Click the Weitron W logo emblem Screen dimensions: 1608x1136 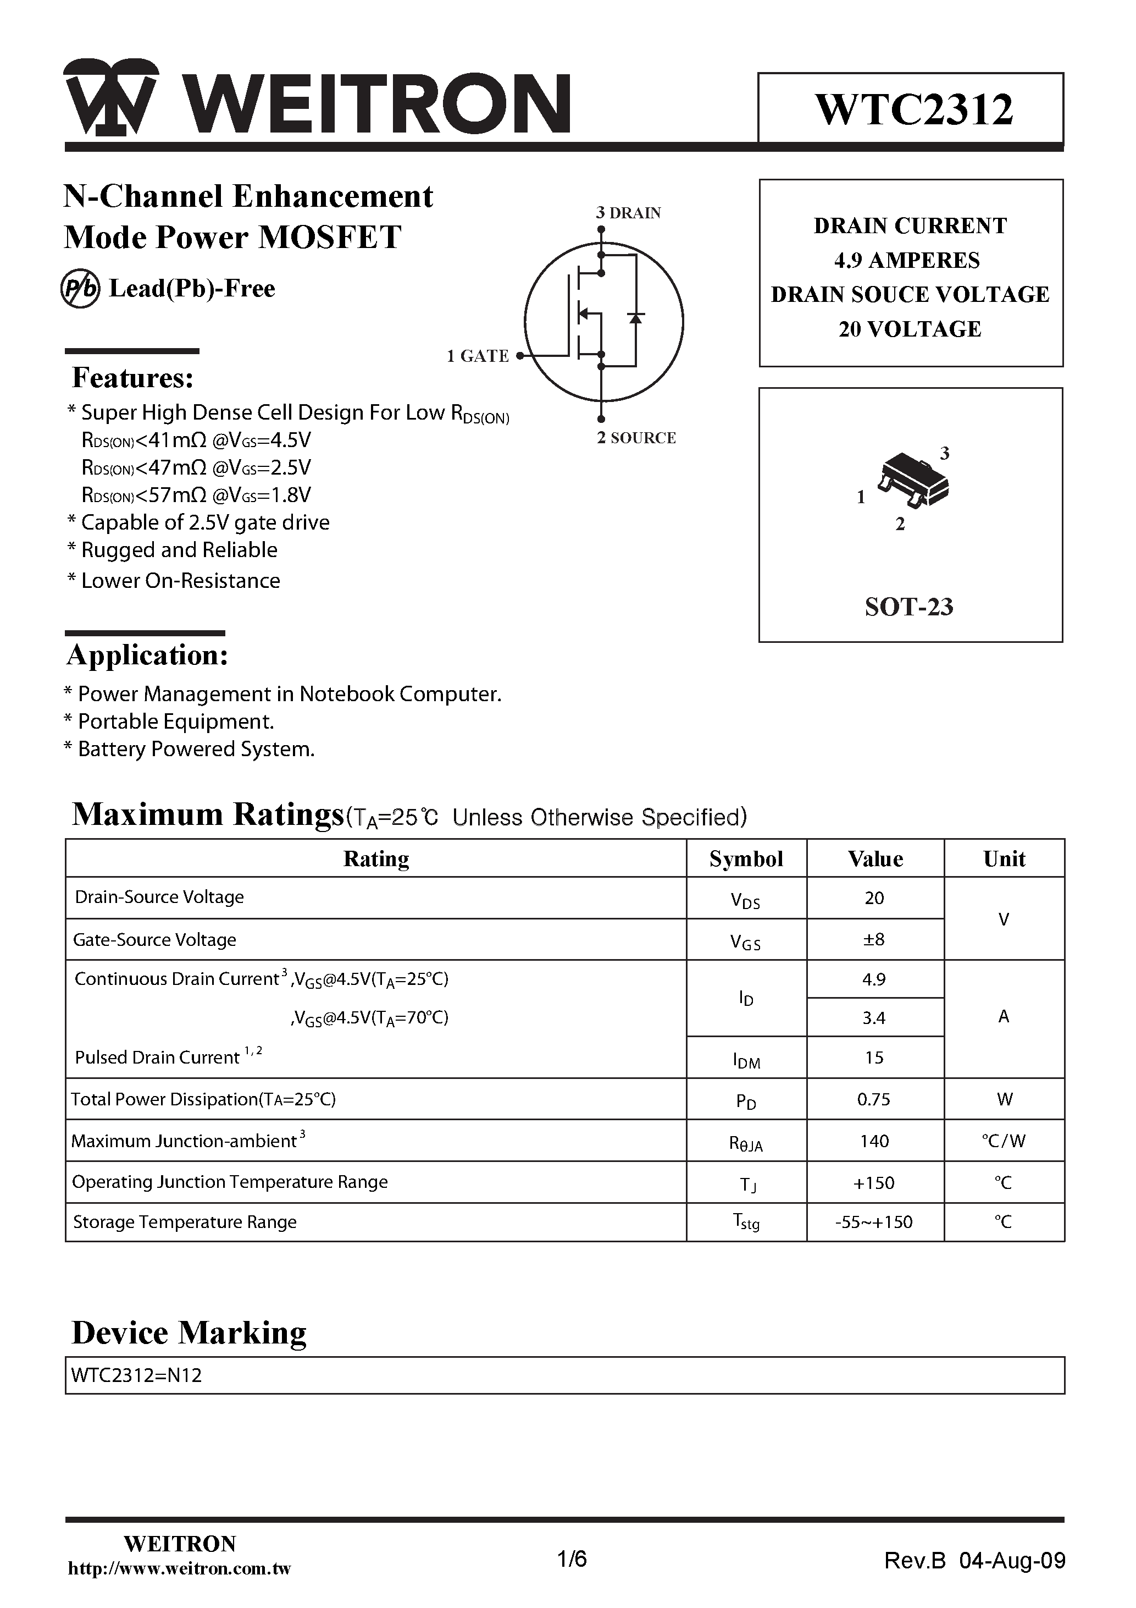point(110,98)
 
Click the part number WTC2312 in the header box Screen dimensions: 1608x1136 point(913,110)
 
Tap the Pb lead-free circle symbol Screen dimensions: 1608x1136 point(80,289)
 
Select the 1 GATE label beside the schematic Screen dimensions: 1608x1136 point(478,356)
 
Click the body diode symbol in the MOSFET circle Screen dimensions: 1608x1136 point(635,318)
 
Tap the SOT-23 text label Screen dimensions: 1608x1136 point(908,607)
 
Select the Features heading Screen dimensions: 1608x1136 point(133,378)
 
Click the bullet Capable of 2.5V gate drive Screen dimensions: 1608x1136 point(199,522)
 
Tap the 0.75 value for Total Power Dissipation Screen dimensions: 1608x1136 point(873,1099)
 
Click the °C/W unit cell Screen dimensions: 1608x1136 point(1003,1141)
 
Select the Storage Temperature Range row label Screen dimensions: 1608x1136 point(185,1222)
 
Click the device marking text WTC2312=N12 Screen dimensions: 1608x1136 point(136,1375)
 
